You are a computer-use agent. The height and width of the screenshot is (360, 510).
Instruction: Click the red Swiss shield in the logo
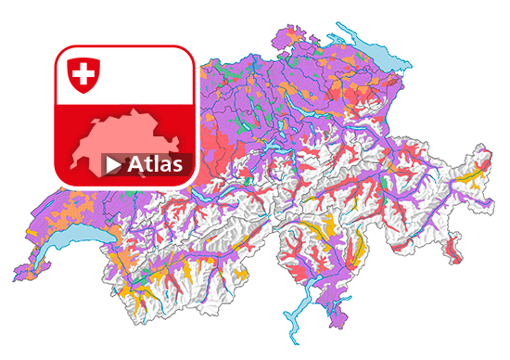83,73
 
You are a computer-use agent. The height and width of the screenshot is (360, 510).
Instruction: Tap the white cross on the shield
83,71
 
